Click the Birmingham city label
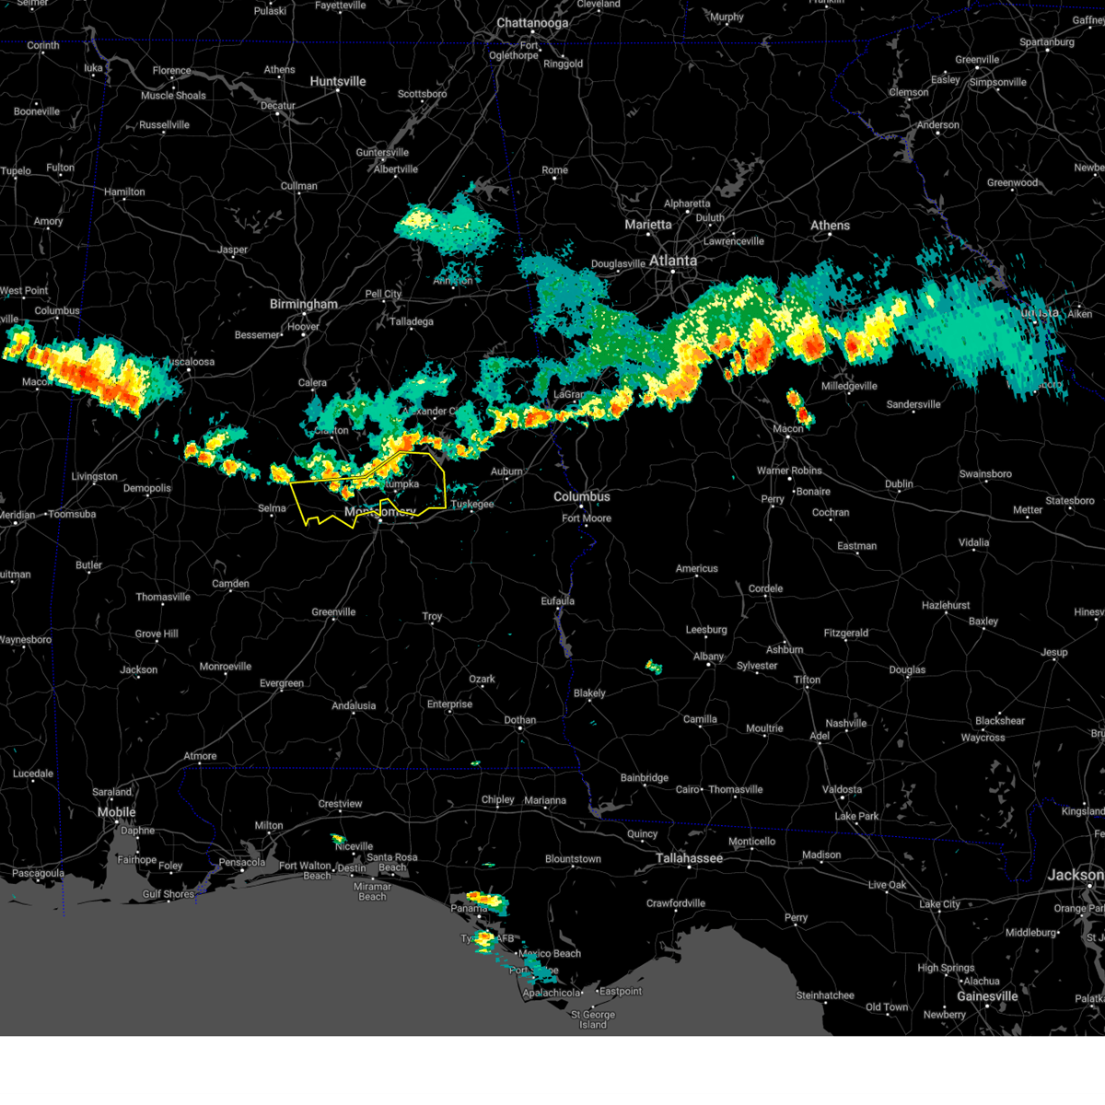tap(303, 304)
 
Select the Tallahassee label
tap(689, 858)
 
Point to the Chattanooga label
tap(532, 23)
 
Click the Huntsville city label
tap(337, 81)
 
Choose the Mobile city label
tap(117, 812)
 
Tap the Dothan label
tap(519, 720)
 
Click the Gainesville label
tap(986, 996)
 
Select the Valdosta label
tap(842, 789)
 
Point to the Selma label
tap(272, 508)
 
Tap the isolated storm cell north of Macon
tap(798, 405)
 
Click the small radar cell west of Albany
tap(654, 666)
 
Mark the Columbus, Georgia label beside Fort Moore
tap(581, 496)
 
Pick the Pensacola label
tap(242, 863)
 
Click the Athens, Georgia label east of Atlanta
tap(830, 226)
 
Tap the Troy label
tap(432, 616)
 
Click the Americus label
tap(696, 568)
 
